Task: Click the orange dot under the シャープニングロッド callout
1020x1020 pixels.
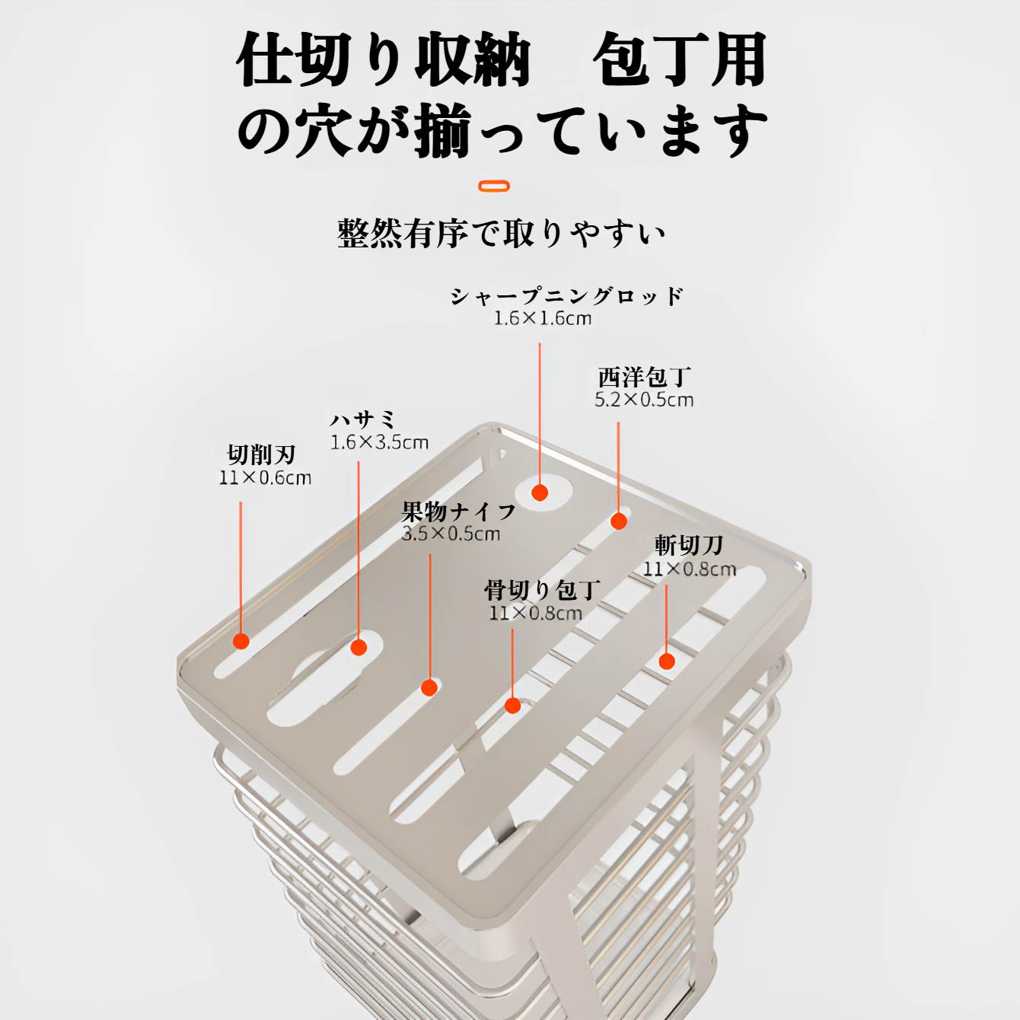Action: click(x=540, y=492)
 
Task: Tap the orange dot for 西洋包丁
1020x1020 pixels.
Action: click(x=619, y=521)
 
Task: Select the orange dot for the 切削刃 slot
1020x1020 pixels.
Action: click(x=241, y=641)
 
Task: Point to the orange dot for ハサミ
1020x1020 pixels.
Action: click(x=359, y=647)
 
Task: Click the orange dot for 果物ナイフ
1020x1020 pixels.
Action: click(x=429, y=687)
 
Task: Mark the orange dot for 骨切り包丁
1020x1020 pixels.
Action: click(x=512, y=706)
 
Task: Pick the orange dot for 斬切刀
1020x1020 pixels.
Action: click(x=667, y=661)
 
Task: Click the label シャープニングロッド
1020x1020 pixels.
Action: click(x=566, y=296)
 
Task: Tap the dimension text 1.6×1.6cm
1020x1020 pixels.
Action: click(x=542, y=319)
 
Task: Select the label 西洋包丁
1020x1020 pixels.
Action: click(x=644, y=377)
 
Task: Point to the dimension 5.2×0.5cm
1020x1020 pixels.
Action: click(x=644, y=400)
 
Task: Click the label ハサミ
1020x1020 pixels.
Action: click(x=363, y=419)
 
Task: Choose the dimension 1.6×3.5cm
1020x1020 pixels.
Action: click(x=379, y=443)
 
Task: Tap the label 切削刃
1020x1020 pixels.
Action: click(x=261, y=455)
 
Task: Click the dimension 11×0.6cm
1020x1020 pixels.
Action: click(x=265, y=478)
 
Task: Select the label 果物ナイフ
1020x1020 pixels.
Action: click(x=458, y=511)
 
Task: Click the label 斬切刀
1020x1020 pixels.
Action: click(x=688, y=545)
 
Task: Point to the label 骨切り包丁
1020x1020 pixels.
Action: click(x=542, y=590)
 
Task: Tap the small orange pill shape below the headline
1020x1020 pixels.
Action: click(x=494, y=186)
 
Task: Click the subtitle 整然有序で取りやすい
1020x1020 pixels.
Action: click(x=501, y=234)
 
